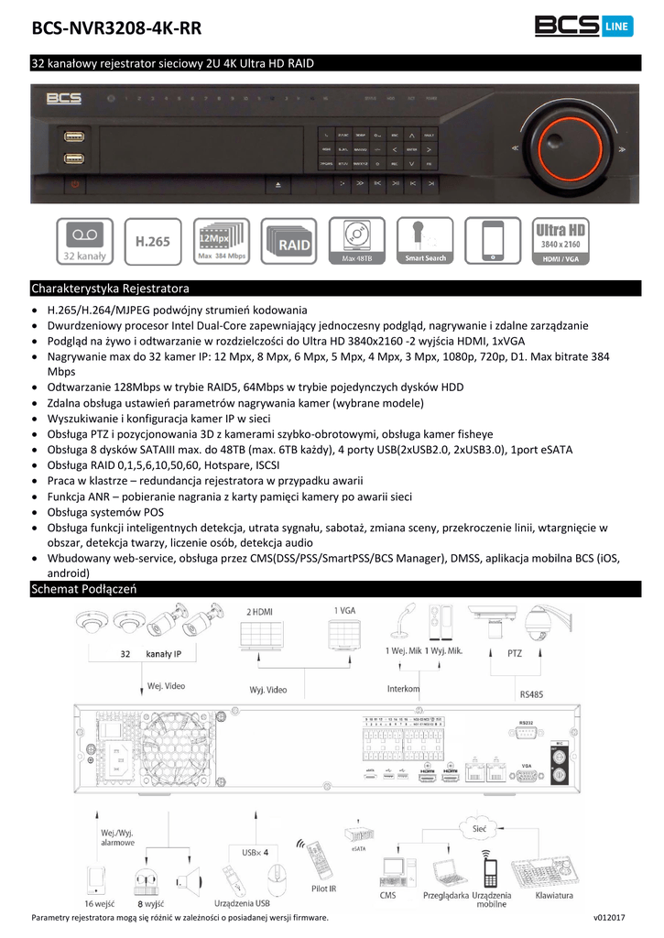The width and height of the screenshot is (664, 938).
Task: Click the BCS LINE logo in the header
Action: point(582,27)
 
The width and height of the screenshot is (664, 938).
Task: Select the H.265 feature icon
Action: point(152,242)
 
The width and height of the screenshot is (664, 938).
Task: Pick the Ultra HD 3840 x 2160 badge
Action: point(559,242)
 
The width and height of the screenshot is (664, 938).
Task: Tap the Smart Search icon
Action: point(425,242)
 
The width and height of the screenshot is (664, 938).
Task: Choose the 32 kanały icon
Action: point(85,242)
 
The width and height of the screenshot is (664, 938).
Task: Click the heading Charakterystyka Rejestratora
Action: point(110,287)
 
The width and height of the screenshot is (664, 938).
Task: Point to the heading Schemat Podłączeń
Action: point(84,589)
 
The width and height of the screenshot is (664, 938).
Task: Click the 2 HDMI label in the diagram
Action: point(259,611)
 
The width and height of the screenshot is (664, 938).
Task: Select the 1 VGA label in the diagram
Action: point(344,611)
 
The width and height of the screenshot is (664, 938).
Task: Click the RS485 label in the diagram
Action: point(530,694)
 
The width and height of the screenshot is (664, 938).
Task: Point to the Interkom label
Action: point(404,688)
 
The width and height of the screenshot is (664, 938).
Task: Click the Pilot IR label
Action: point(323,888)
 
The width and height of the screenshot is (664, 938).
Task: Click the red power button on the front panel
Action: point(76,185)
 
